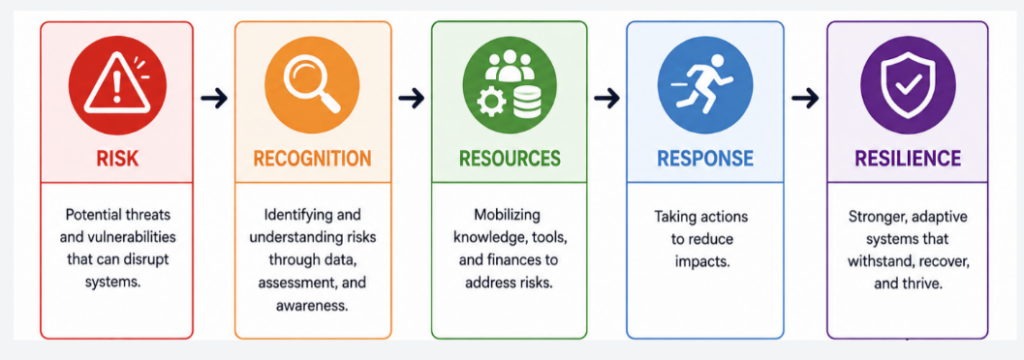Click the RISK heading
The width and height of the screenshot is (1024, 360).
point(118,158)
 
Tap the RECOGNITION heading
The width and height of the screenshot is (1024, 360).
point(312,158)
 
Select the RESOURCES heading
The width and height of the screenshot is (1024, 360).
point(509,158)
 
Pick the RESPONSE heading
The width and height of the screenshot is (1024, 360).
point(705,158)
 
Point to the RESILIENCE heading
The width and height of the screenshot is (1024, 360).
point(908,158)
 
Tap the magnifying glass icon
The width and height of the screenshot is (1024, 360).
point(312,85)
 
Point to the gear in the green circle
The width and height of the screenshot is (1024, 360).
point(491,103)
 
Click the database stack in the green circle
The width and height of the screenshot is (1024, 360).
point(526,102)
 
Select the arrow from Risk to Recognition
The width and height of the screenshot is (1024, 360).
point(214,99)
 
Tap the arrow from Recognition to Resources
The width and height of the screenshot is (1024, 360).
point(411,99)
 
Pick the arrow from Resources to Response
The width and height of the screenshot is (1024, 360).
point(607,99)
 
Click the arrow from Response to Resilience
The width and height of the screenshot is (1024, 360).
point(805,99)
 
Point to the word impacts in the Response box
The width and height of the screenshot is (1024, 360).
point(701,261)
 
